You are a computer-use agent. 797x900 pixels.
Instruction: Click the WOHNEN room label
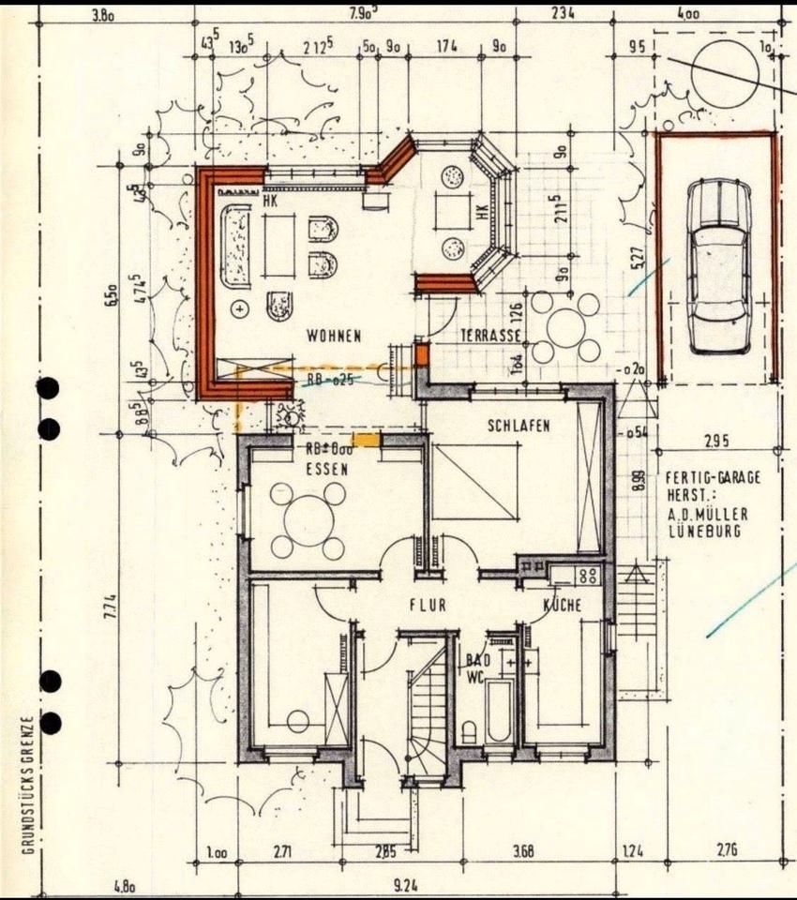tap(334, 336)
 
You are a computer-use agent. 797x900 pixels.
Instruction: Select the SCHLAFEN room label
tap(519, 426)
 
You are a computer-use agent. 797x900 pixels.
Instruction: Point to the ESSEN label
tap(326, 469)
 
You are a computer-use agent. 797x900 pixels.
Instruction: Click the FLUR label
tap(427, 606)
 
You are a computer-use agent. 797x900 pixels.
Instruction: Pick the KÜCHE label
tap(563, 606)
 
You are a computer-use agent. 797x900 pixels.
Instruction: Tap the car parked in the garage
tap(718, 264)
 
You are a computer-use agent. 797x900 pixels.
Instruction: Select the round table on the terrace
tap(565, 327)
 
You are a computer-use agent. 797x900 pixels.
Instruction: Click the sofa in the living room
tap(234, 246)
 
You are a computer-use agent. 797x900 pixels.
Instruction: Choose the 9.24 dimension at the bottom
tap(406, 883)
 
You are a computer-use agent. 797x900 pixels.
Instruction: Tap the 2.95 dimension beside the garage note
tap(717, 441)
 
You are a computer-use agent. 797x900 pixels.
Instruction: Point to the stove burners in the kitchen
tap(588, 575)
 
